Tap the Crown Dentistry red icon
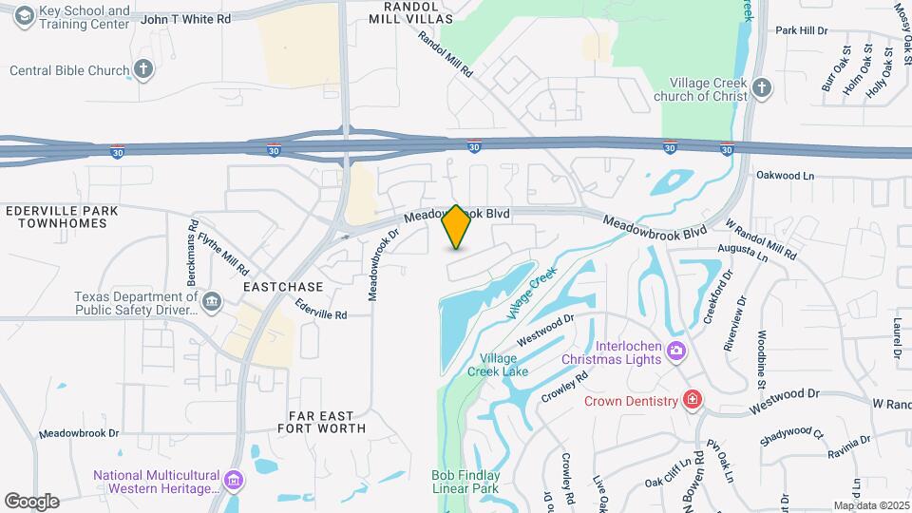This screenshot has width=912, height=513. click(693, 400)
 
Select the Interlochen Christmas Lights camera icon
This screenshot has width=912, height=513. click(675, 351)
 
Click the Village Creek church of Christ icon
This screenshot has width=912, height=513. click(761, 89)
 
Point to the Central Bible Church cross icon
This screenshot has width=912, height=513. click(142, 69)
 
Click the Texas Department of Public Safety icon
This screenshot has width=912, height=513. click(212, 302)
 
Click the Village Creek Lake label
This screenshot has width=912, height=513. click(503, 365)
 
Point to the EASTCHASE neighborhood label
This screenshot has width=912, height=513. click(283, 286)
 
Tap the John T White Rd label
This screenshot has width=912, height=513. click(187, 18)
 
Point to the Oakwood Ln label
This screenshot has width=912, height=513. click(786, 176)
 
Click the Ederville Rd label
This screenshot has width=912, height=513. click(320, 309)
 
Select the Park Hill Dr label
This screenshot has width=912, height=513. click(802, 30)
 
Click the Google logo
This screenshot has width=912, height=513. click(31, 501)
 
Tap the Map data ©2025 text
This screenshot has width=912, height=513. click(870, 505)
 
